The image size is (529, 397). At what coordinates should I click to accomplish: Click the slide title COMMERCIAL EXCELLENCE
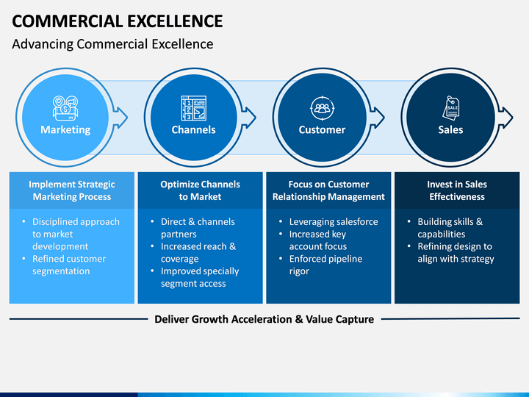(x=118, y=21)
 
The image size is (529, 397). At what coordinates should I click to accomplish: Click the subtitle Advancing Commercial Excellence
(x=112, y=44)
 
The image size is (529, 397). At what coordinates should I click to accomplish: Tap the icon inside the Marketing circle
(x=65, y=107)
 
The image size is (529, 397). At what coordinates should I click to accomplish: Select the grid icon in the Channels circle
(x=193, y=107)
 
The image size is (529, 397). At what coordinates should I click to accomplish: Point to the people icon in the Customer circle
(x=322, y=107)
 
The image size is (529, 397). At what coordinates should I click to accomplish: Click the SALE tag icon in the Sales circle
(x=450, y=107)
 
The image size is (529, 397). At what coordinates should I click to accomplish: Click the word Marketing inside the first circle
(x=65, y=130)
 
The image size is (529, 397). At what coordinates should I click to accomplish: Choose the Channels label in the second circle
(x=193, y=130)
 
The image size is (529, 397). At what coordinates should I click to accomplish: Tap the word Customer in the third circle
(x=322, y=130)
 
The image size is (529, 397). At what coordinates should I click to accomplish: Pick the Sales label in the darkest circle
(x=450, y=130)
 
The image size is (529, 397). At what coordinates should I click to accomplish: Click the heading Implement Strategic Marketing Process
(x=72, y=190)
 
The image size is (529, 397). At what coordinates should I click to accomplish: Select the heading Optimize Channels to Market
(x=200, y=190)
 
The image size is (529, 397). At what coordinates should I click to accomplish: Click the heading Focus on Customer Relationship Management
(x=328, y=190)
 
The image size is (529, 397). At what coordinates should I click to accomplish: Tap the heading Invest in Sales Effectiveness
(x=457, y=190)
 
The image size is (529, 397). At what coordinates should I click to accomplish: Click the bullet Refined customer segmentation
(x=69, y=265)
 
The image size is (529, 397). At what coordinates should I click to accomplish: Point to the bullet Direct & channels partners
(x=198, y=228)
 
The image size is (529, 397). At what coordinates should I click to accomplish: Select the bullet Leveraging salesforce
(x=334, y=222)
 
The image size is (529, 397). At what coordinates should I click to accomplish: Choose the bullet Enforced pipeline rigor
(x=325, y=265)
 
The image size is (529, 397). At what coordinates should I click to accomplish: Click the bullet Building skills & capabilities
(x=450, y=228)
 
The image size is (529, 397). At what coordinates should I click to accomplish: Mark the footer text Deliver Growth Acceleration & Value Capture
(x=264, y=319)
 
